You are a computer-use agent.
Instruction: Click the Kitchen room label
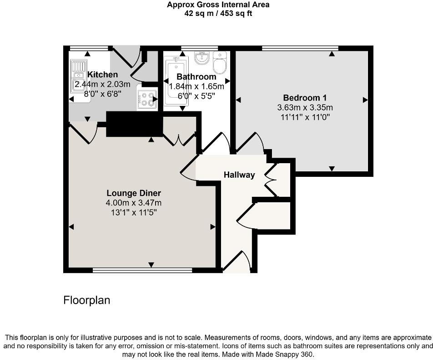tap(102, 75)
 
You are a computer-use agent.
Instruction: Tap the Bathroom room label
tap(196, 76)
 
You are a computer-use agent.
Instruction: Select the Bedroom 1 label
tap(305, 97)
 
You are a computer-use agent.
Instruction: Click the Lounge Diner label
tap(134, 193)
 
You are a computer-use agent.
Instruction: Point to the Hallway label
tap(239, 175)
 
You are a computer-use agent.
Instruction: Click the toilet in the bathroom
tap(220, 63)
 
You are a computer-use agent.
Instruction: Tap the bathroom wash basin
tap(201, 58)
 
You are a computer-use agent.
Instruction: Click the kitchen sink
tap(77, 75)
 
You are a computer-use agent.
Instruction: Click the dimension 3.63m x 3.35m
tap(305, 108)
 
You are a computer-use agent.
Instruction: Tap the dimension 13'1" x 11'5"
tap(134, 212)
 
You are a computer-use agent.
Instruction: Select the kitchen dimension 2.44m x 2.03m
tap(102, 84)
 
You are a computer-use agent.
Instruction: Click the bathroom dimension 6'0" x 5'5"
tap(196, 96)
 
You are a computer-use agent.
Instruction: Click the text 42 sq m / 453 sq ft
tap(217, 13)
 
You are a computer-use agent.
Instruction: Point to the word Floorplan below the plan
tap(86, 300)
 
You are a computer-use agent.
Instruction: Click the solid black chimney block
tap(134, 124)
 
